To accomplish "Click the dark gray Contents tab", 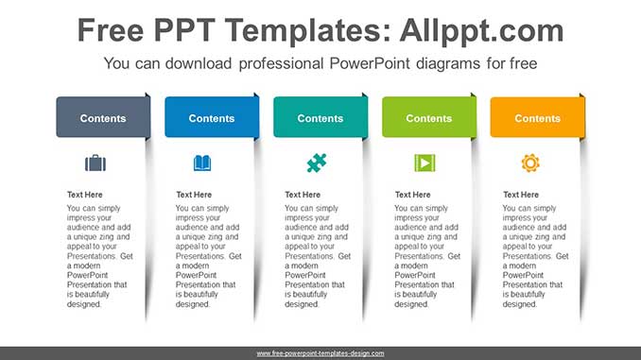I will click(102, 118).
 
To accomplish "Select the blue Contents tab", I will click(211, 118).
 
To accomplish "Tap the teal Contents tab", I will click(320, 118).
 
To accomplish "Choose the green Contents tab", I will click(428, 118).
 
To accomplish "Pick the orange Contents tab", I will click(537, 118).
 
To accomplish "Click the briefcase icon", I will click(95, 163).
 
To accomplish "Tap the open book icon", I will click(202, 163).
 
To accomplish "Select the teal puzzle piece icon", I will click(316, 163).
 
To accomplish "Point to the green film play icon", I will click(424, 163).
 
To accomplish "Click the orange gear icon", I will click(530, 163).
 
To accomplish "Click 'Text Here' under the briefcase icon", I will click(85, 195).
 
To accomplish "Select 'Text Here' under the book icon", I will click(194, 195).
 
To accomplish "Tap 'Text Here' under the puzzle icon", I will click(303, 195).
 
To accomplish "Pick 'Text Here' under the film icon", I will click(412, 195).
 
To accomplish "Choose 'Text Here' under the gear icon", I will click(521, 195).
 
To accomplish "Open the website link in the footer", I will click(320, 353).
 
